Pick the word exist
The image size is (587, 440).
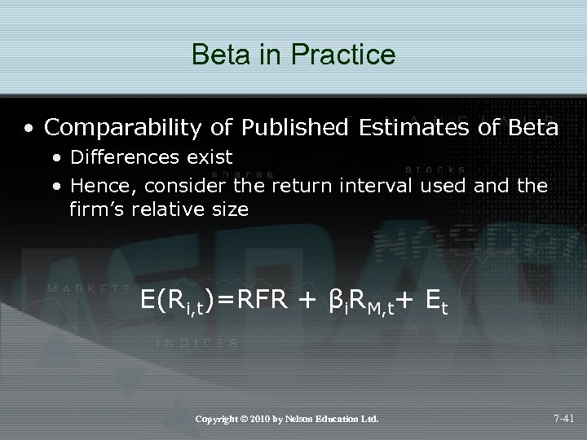coord(207,156)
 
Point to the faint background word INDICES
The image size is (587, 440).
coord(197,344)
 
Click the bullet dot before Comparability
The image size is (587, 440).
coord(29,129)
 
